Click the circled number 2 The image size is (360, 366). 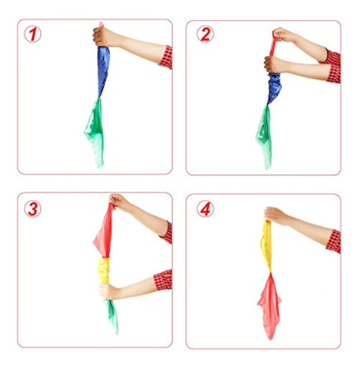coord(204,35)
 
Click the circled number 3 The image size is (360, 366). coord(32,208)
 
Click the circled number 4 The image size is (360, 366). coord(204,209)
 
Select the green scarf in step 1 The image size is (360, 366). coord(95,130)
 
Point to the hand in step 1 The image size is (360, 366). coord(105,37)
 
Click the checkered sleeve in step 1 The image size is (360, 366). coord(165,57)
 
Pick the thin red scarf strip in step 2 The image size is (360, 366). coord(272,46)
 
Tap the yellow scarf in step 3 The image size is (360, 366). coord(104,270)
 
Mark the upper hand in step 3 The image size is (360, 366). coord(119,202)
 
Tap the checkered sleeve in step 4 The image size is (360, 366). coord(333,241)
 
